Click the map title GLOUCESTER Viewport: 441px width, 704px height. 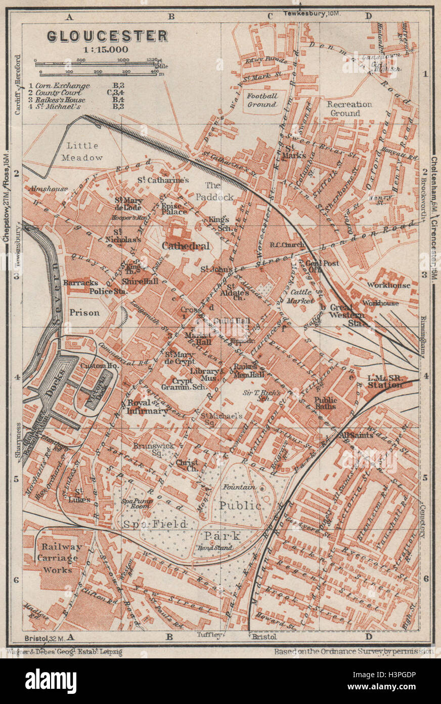[x=107, y=36]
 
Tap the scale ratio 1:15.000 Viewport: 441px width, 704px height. [x=107, y=50]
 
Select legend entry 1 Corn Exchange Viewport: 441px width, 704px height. [x=60, y=86]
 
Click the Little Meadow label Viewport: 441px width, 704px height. [x=81, y=151]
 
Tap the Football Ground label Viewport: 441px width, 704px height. [x=261, y=100]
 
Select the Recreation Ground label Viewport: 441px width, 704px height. [x=349, y=108]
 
